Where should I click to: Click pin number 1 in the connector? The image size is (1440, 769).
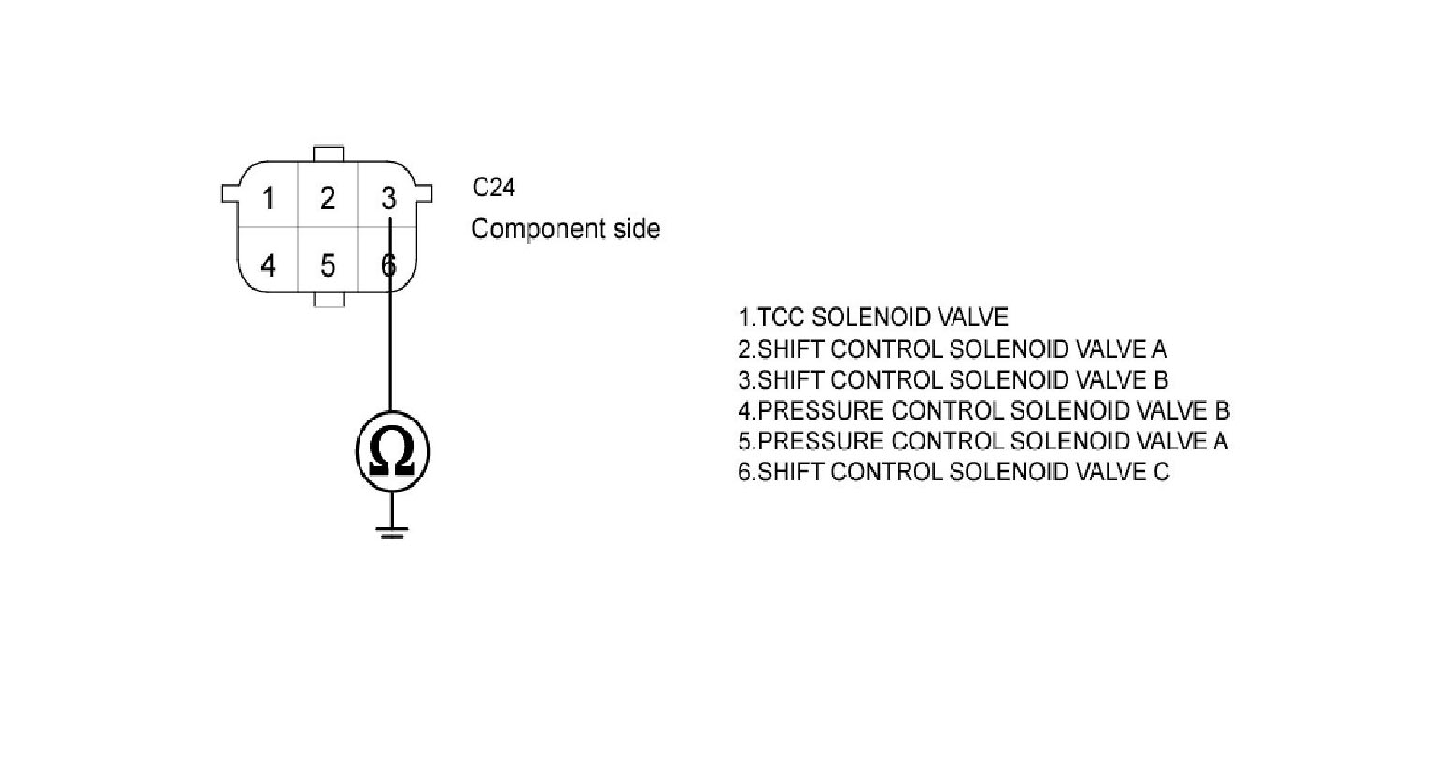click(268, 198)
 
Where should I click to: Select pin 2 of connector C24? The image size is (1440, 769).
click(327, 198)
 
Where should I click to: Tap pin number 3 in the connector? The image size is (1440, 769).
click(388, 198)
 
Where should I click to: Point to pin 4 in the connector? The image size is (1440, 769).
click(268, 266)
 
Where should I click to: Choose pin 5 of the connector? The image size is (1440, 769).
click(327, 266)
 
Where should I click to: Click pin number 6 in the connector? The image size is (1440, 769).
click(387, 266)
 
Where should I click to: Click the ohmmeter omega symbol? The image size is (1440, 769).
click(391, 452)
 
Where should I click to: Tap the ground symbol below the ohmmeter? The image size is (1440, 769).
click(391, 533)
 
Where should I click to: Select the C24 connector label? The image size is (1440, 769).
click(493, 188)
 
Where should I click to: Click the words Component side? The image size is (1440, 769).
click(565, 229)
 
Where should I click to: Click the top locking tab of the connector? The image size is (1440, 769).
click(329, 153)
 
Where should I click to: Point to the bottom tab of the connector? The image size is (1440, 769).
click(329, 299)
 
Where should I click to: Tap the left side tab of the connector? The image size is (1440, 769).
click(229, 193)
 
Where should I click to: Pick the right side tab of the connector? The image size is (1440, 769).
click(425, 193)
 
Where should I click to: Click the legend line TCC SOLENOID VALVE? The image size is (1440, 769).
click(872, 318)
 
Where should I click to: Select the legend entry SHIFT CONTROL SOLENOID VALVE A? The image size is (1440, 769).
click(952, 349)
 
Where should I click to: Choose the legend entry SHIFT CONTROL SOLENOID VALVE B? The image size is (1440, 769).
click(953, 380)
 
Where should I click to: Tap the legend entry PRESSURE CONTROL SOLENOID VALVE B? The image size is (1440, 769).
click(982, 410)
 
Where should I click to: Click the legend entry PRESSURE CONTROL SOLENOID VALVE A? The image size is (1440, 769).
click(982, 441)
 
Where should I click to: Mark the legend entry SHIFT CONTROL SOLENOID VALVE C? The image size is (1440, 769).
click(953, 472)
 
